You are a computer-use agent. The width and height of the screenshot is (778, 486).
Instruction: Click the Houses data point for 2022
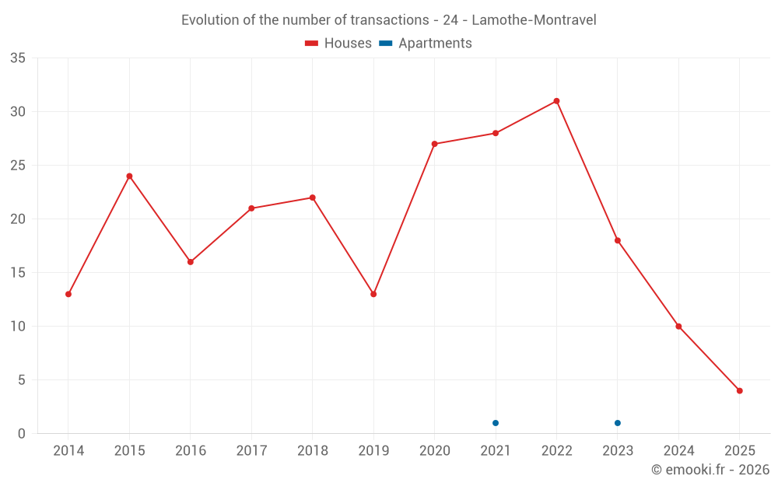pyautogui.click(x=556, y=101)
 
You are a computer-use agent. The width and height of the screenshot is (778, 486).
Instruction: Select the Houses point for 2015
pyautogui.click(x=129, y=176)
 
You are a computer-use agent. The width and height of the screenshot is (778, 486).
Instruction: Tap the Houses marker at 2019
pyautogui.click(x=373, y=294)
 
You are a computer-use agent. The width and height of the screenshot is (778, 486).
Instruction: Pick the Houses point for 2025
pyautogui.click(x=740, y=390)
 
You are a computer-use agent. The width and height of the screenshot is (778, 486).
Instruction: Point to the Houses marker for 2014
pyautogui.click(x=68, y=294)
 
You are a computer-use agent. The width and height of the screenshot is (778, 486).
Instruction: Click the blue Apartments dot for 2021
pyautogui.click(x=496, y=423)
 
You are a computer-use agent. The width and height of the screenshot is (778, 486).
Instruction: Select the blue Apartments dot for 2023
pyautogui.click(x=618, y=423)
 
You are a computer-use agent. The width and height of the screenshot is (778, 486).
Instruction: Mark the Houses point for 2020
pyautogui.click(x=434, y=144)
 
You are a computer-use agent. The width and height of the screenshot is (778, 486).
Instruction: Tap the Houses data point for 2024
pyautogui.click(x=678, y=327)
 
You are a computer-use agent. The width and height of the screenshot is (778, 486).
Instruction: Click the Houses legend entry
pyautogui.click(x=338, y=44)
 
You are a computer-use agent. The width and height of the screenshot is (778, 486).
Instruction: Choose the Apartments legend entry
pyautogui.click(x=426, y=44)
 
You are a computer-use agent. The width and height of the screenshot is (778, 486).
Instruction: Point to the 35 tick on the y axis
pyautogui.click(x=18, y=58)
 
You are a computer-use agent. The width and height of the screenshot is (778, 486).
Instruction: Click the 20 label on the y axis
pyautogui.click(x=18, y=219)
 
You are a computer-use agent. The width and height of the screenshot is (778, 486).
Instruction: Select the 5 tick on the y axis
pyautogui.click(x=22, y=380)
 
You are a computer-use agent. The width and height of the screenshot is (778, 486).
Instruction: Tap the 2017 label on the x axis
pyautogui.click(x=251, y=451)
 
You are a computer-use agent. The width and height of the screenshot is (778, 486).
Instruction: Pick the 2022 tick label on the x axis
pyautogui.click(x=556, y=451)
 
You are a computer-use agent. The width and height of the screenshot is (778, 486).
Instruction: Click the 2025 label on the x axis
pyautogui.click(x=740, y=451)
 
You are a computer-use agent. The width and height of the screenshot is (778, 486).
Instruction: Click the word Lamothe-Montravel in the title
pyautogui.click(x=534, y=20)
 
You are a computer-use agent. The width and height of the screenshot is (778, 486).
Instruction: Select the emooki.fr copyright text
pyautogui.click(x=710, y=470)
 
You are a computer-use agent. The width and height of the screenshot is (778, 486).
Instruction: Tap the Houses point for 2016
pyautogui.click(x=191, y=262)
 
